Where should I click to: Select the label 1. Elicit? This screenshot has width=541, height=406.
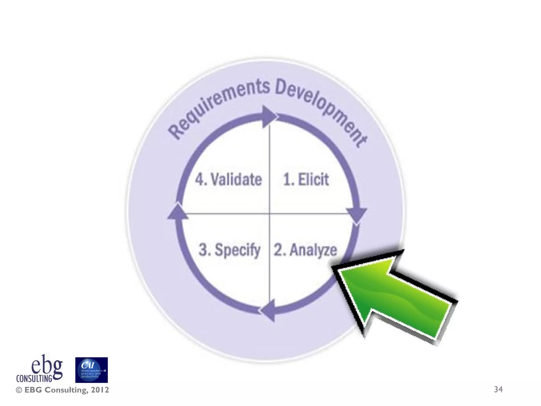[x=306, y=179]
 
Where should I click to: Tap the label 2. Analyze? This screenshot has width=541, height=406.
[x=305, y=250]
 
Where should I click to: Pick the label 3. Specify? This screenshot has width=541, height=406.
[x=229, y=250]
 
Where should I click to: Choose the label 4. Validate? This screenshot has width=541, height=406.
[x=228, y=179]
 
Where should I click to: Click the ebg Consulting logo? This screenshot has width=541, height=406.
[x=40, y=369]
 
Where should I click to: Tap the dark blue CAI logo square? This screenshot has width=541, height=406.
[x=91, y=370]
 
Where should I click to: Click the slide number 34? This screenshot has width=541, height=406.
[x=498, y=389]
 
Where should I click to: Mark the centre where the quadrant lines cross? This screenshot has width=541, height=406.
[x=269, y=213]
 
